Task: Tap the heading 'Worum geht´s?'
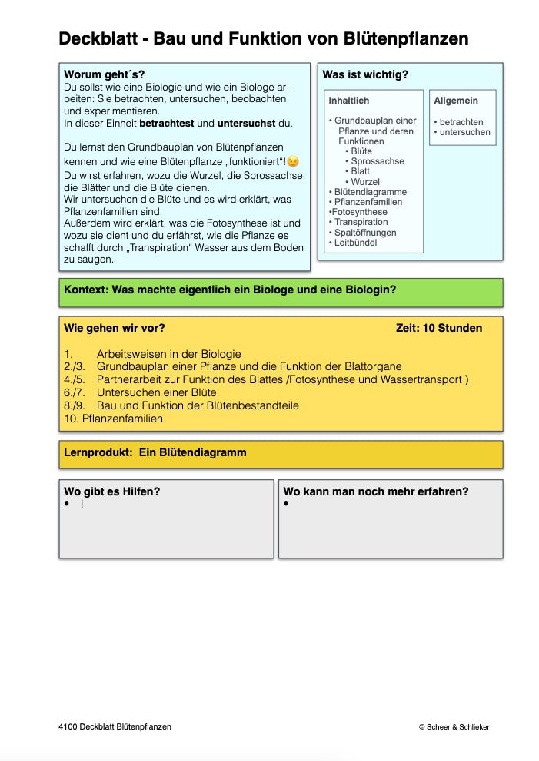104,74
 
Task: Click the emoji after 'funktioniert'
292,161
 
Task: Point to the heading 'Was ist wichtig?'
365,74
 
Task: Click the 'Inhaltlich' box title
349,101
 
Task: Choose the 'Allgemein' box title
456,101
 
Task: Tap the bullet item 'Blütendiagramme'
369,192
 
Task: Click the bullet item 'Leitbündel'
356,242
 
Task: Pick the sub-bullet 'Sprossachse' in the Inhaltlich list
377,161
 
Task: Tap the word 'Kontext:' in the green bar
86,290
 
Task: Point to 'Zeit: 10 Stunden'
439,328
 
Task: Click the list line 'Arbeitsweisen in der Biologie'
168,354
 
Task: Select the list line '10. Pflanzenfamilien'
113,419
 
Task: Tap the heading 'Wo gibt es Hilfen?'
112,491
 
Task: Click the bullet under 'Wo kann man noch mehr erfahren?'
286,504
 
